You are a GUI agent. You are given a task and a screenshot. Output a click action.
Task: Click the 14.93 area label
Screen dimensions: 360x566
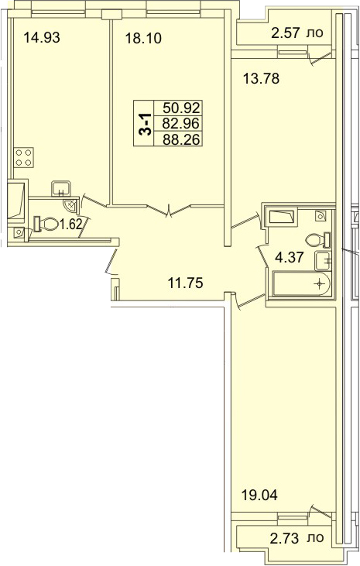[42, 37]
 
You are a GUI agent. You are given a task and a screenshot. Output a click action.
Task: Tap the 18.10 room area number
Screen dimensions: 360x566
[143, 38]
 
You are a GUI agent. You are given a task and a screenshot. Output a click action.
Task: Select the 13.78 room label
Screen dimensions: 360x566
[261, 78]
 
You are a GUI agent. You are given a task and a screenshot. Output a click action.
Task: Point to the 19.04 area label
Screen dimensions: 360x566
[259, 496]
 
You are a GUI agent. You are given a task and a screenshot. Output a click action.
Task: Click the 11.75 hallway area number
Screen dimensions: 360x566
[186, 283]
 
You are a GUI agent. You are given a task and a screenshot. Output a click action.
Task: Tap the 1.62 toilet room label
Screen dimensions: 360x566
[71, 225]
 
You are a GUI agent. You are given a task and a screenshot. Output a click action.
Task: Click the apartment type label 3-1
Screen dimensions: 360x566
[145, 123]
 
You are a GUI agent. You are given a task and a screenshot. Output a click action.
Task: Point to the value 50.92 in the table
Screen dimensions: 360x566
[181, 108]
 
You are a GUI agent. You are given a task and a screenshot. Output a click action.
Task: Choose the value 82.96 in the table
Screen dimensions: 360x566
[181, 123]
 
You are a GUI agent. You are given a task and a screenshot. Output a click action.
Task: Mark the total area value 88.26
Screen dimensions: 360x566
[181, 139]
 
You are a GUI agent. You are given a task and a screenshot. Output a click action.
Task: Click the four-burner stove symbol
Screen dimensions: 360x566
[24, 157]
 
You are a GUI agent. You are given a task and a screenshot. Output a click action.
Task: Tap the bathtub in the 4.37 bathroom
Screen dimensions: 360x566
[301, 284]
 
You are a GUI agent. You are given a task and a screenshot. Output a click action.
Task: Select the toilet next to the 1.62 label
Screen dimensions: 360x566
[46, 224]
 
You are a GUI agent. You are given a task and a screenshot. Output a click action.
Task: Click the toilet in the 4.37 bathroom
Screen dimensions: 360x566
[317, 240]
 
